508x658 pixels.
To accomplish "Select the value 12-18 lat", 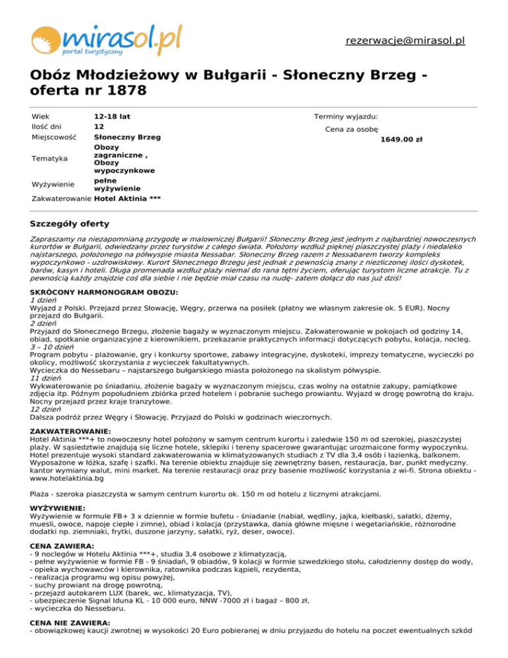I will (112, 117).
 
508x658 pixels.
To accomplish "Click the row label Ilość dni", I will (48, 126).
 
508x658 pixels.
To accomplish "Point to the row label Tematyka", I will (50, 159).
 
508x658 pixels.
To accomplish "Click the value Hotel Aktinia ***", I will (128, 198).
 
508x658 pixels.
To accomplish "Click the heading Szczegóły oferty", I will (70, 224).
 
